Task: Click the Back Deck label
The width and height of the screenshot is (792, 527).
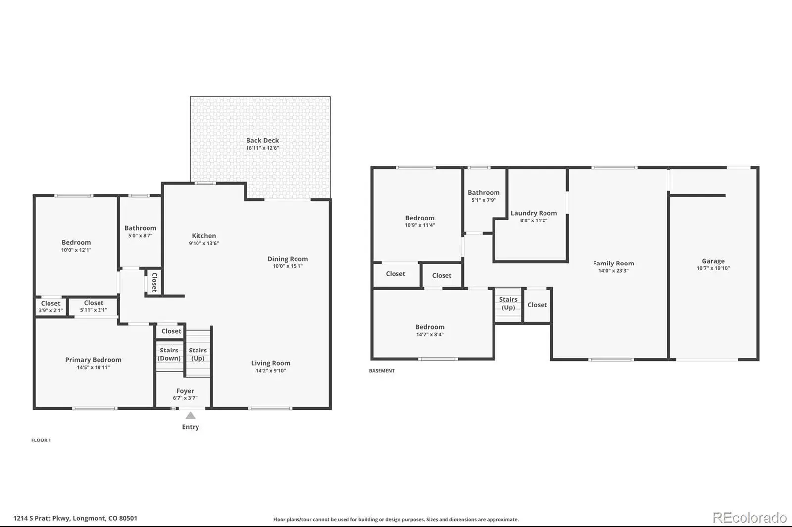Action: [262, 140]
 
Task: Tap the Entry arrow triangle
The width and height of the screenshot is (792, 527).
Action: [191, 415]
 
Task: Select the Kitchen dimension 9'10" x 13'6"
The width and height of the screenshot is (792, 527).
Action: [203, 243]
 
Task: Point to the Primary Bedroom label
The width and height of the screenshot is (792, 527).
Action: [94, 360]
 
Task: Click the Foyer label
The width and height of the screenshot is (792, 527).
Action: [185, 391]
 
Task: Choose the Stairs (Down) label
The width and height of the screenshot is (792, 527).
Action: [169, 354]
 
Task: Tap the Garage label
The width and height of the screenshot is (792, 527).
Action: [713, 261]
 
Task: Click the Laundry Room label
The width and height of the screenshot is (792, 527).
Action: [534, 213]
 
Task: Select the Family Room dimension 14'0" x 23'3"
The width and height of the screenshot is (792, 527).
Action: [613, 271]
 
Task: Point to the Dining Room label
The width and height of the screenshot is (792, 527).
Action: [288, 259]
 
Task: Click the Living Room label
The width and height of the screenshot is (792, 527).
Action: [270, 363]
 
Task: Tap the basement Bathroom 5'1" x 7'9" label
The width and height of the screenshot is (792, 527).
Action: [484, 192]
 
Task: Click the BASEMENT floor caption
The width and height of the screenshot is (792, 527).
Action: [382, 370]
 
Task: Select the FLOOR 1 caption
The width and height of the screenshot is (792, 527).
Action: [41, 440]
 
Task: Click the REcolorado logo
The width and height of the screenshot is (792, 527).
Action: [749, 518]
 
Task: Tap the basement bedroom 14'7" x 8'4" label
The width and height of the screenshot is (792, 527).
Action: [430, 327]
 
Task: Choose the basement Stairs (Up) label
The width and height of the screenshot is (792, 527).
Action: [508, 304]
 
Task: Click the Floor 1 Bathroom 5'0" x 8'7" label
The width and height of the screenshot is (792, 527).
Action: [141, 228]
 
